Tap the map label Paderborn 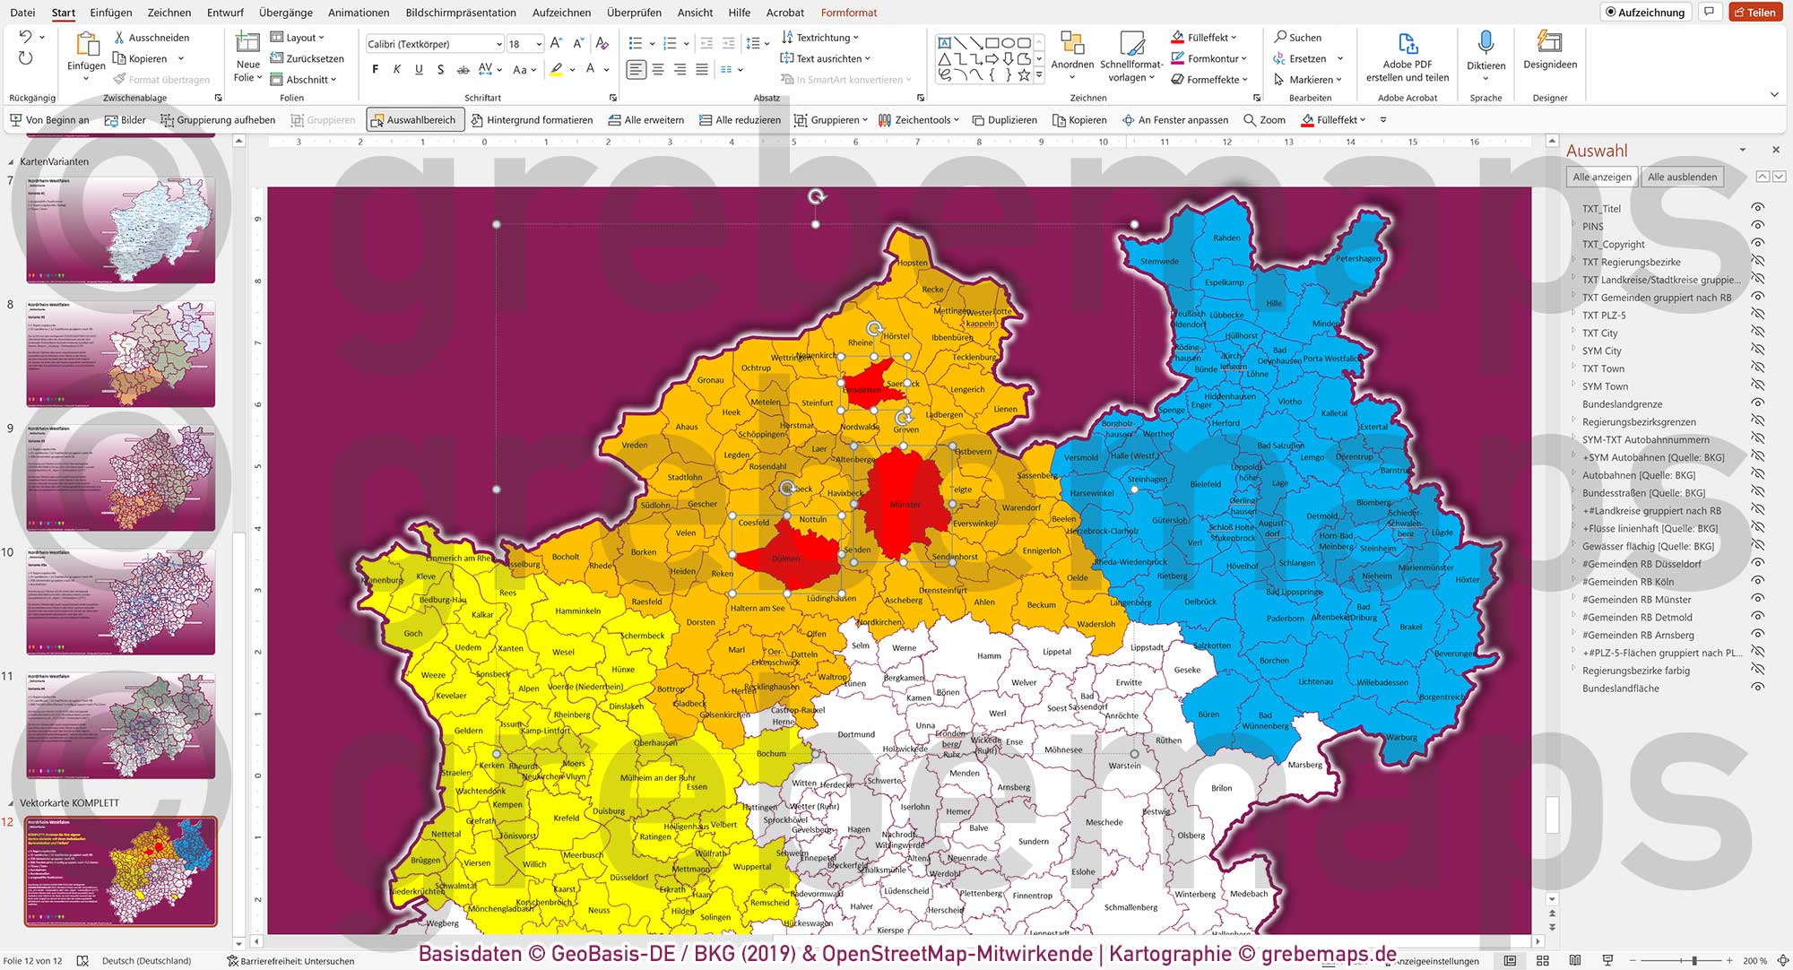[1285, 619]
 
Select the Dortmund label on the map [855, 734]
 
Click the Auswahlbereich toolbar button [414, 120]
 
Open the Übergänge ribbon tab [285, 13]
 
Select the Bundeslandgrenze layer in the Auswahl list [1622, 404]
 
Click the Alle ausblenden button [1682, 177]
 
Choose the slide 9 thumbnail [120, 476]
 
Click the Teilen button [1754, 13]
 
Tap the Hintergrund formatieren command [532, 120]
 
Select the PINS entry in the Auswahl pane [1592, 227]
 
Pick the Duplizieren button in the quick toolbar [1004, 120]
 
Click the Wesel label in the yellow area [563, 653]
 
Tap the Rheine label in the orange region [860, 343]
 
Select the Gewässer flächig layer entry [1647, 546]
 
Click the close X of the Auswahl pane [1775, 150]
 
